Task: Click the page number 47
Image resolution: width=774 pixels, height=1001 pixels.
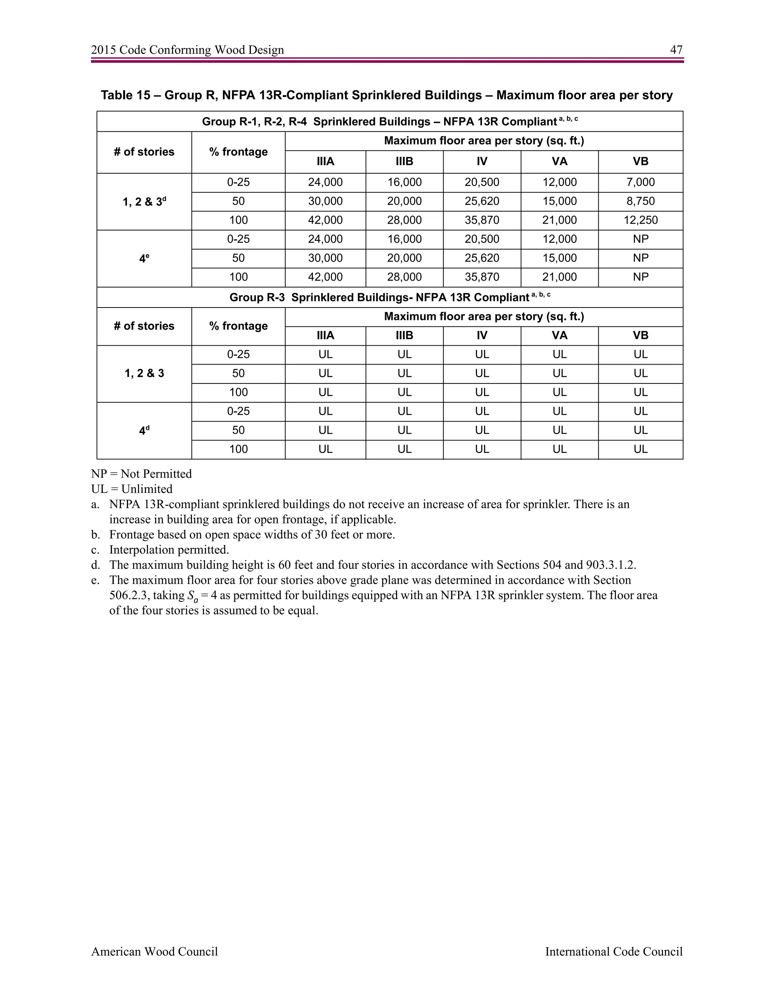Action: coord(676,50)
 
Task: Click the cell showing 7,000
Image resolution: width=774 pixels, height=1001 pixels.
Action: coord(640,182)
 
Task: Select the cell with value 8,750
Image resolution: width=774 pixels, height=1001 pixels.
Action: coord(640,201)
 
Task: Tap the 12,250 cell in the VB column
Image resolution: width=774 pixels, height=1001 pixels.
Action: coord(640,220)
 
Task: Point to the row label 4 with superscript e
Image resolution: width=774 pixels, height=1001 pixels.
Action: coord(144,258)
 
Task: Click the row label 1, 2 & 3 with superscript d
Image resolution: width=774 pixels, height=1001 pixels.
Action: coord(144,202)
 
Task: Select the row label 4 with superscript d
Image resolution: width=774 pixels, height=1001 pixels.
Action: coord(144,430)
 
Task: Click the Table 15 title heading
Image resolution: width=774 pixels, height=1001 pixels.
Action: coord(387,95)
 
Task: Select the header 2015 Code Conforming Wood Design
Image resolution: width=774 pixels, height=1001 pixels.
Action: coord(187,50)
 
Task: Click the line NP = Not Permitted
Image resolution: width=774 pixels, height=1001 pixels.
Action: coord(141,474)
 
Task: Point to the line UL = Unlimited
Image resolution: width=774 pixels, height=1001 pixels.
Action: coord(132,489)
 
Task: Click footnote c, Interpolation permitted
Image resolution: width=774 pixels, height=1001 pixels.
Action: coord(168,550)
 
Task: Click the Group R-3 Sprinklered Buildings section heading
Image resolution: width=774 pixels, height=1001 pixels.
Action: coord(389,297)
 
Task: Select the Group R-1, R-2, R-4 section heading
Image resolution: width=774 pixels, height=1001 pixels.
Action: coord(389,122)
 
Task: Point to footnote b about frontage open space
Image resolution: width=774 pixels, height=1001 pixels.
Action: coord(251,534)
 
